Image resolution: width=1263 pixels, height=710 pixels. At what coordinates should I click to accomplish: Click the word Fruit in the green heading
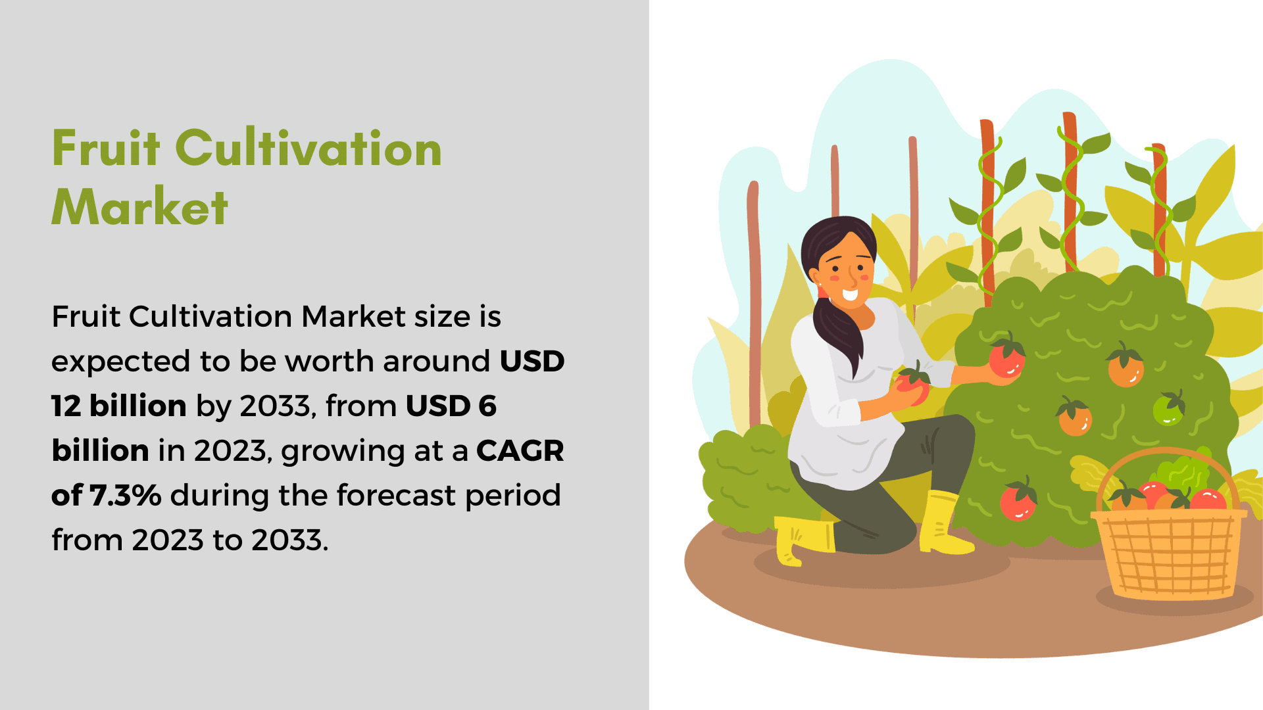tap(106, 148)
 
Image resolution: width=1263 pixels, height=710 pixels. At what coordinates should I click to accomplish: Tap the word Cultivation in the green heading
tap(309, 148)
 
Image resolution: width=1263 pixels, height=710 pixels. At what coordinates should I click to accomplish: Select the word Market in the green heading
tap(140, 207)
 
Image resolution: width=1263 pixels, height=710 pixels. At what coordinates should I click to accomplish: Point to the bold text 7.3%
tap(126, 495)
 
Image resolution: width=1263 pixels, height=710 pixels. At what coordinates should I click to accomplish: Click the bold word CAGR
tap(520, 451)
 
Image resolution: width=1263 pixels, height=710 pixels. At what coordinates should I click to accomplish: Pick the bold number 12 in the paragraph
tap(66, 406)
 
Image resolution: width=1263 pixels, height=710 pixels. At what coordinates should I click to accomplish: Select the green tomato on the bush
tap(1168, 408)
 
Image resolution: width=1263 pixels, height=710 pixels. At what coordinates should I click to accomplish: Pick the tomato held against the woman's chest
tap(912, 385)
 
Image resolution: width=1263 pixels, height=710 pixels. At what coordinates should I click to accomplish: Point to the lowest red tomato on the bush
tap(1018, 499)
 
